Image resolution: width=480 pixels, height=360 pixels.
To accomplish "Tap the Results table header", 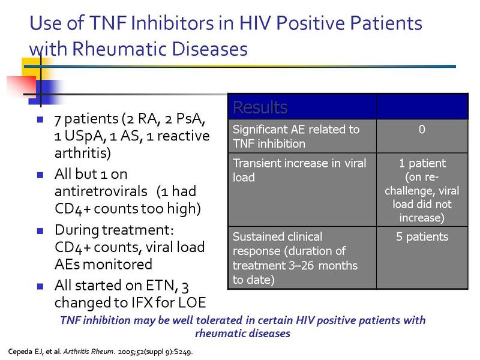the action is click(x=260, y=107).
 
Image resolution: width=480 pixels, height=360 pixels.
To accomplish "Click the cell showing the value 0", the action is click(x=422, y=136).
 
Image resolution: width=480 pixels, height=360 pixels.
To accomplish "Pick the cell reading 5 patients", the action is click(x=422, y=258).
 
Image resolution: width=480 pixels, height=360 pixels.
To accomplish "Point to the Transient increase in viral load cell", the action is click(x=302, y=190).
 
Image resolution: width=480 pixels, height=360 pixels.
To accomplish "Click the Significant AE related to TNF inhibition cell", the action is click(x=302, y=136).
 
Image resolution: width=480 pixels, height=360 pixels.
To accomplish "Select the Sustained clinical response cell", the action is click(x=302, y=258).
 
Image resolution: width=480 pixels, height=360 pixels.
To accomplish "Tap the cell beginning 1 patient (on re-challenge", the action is click(x=422, y=190).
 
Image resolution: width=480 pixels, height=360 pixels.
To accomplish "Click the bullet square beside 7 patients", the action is click(x=40, y=119).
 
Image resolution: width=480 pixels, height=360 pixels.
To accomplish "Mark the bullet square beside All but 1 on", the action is click(x=40, y=175).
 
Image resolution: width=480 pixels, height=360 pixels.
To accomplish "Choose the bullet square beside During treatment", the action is click(x=40, y=230).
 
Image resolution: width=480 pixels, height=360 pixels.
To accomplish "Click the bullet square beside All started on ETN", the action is click(x=40, y=286).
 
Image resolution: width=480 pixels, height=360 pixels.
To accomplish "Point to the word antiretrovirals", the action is click(x=101, y=191).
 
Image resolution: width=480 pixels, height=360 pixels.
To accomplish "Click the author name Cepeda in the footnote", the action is click(x=20, y=352).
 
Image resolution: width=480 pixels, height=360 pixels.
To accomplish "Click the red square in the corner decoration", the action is click(x=22, y=86).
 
